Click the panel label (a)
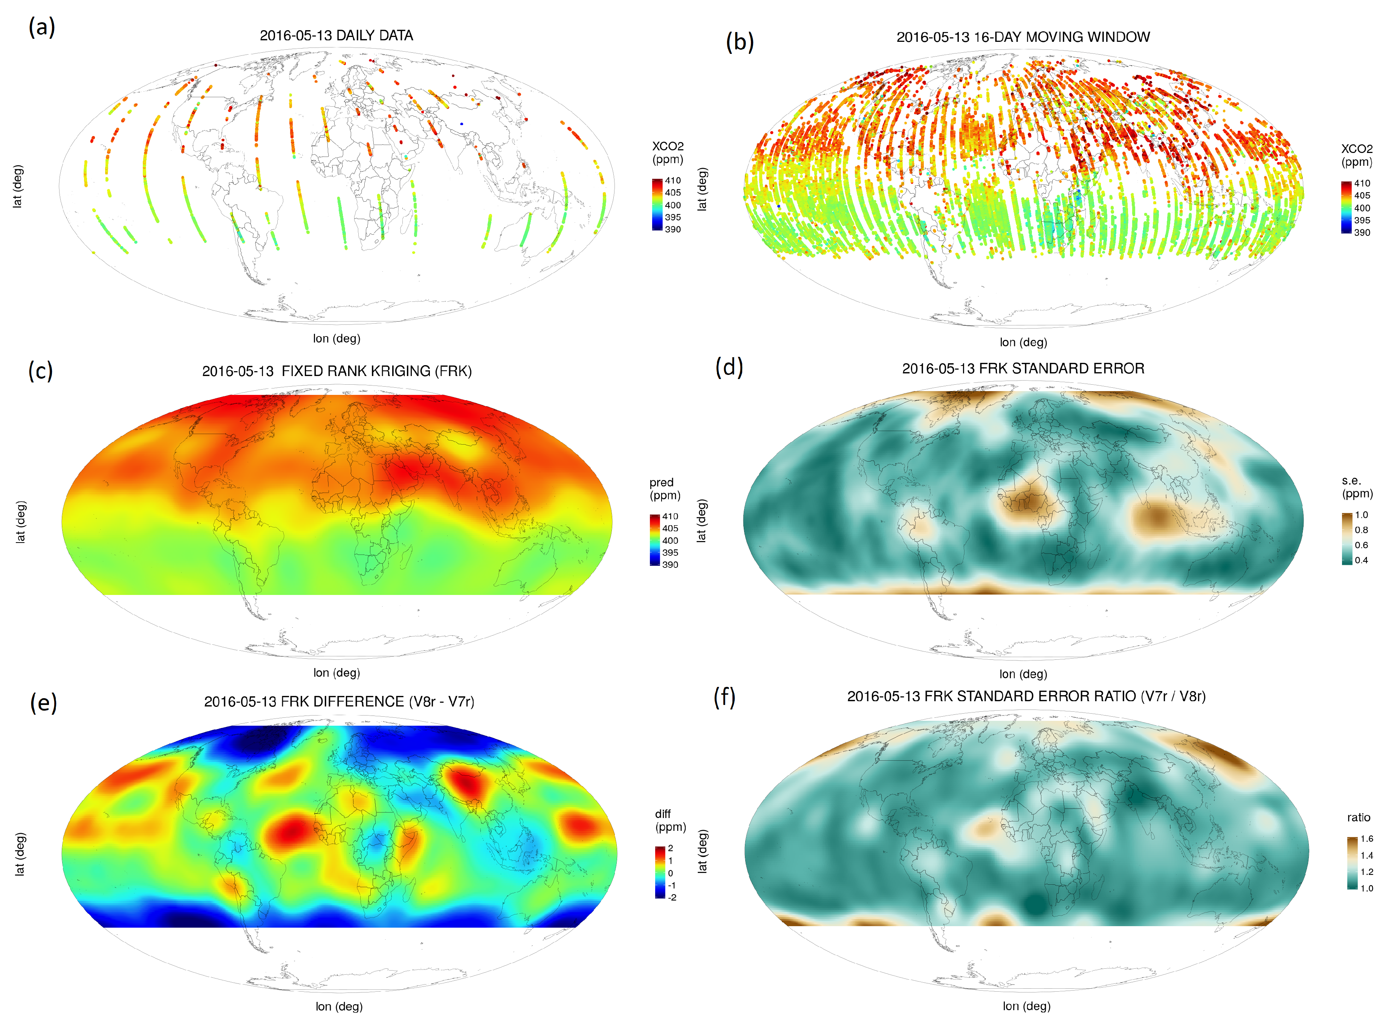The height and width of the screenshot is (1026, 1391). tap(41, 28)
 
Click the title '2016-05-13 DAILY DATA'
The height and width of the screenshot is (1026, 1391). tap(336, 35)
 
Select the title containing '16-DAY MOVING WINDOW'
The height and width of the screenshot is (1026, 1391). tap(1023, 37)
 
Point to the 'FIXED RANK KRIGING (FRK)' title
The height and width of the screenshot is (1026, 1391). tap(336, 372)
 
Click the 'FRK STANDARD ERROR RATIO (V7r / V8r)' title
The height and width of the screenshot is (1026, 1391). tap(1026, 696)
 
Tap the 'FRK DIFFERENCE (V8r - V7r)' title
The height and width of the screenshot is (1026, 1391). tap(339, 702)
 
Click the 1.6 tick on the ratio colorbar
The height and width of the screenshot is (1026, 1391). tap(1367, 839)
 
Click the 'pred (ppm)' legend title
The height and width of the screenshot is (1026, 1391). tap(665, 489)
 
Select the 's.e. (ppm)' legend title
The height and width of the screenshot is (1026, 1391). tap(1357, 487)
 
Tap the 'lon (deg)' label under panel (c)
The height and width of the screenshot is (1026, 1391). tap(336, 673)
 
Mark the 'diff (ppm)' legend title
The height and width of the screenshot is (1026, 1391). tap(670, 820)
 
